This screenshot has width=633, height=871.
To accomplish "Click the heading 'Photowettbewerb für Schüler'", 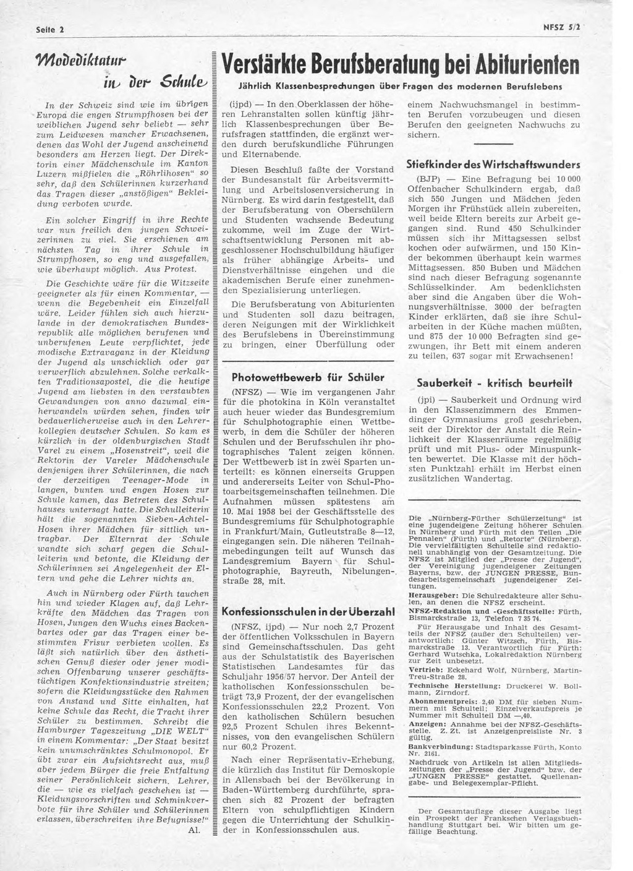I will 307,377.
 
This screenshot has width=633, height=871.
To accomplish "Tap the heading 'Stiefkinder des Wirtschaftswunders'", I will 492,165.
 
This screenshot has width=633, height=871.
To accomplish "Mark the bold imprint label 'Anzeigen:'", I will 428,723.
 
